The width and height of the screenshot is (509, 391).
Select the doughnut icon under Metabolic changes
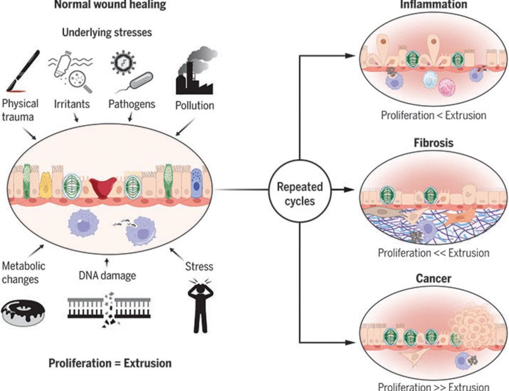pyautogui.click(x=23, y=312)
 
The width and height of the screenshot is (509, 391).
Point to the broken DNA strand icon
pyautogui.click(x=109, y=309)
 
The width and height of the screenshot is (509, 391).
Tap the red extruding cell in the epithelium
pyautogui.click(x=103, y=188)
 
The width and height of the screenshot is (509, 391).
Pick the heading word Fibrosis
pyautogui.click(x=433, y=143)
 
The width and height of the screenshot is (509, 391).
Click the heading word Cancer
pyautogui.click(x=433, y=279)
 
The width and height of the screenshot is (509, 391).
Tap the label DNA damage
pyautogui.click(x=107, y=276)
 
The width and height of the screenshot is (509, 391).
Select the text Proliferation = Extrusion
pyautogui.click(x=110, y=363)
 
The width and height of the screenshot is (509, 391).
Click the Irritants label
pyautogui.click(x=72, y=104)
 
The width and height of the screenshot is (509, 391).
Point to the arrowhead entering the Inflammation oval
pyautogui.click(x=351, y=56)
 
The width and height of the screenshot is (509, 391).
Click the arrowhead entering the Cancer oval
pyautogui.click(x=351, y=342)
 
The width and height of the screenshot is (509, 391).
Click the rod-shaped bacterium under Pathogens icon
pyautogui.click(x=140, y=80)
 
